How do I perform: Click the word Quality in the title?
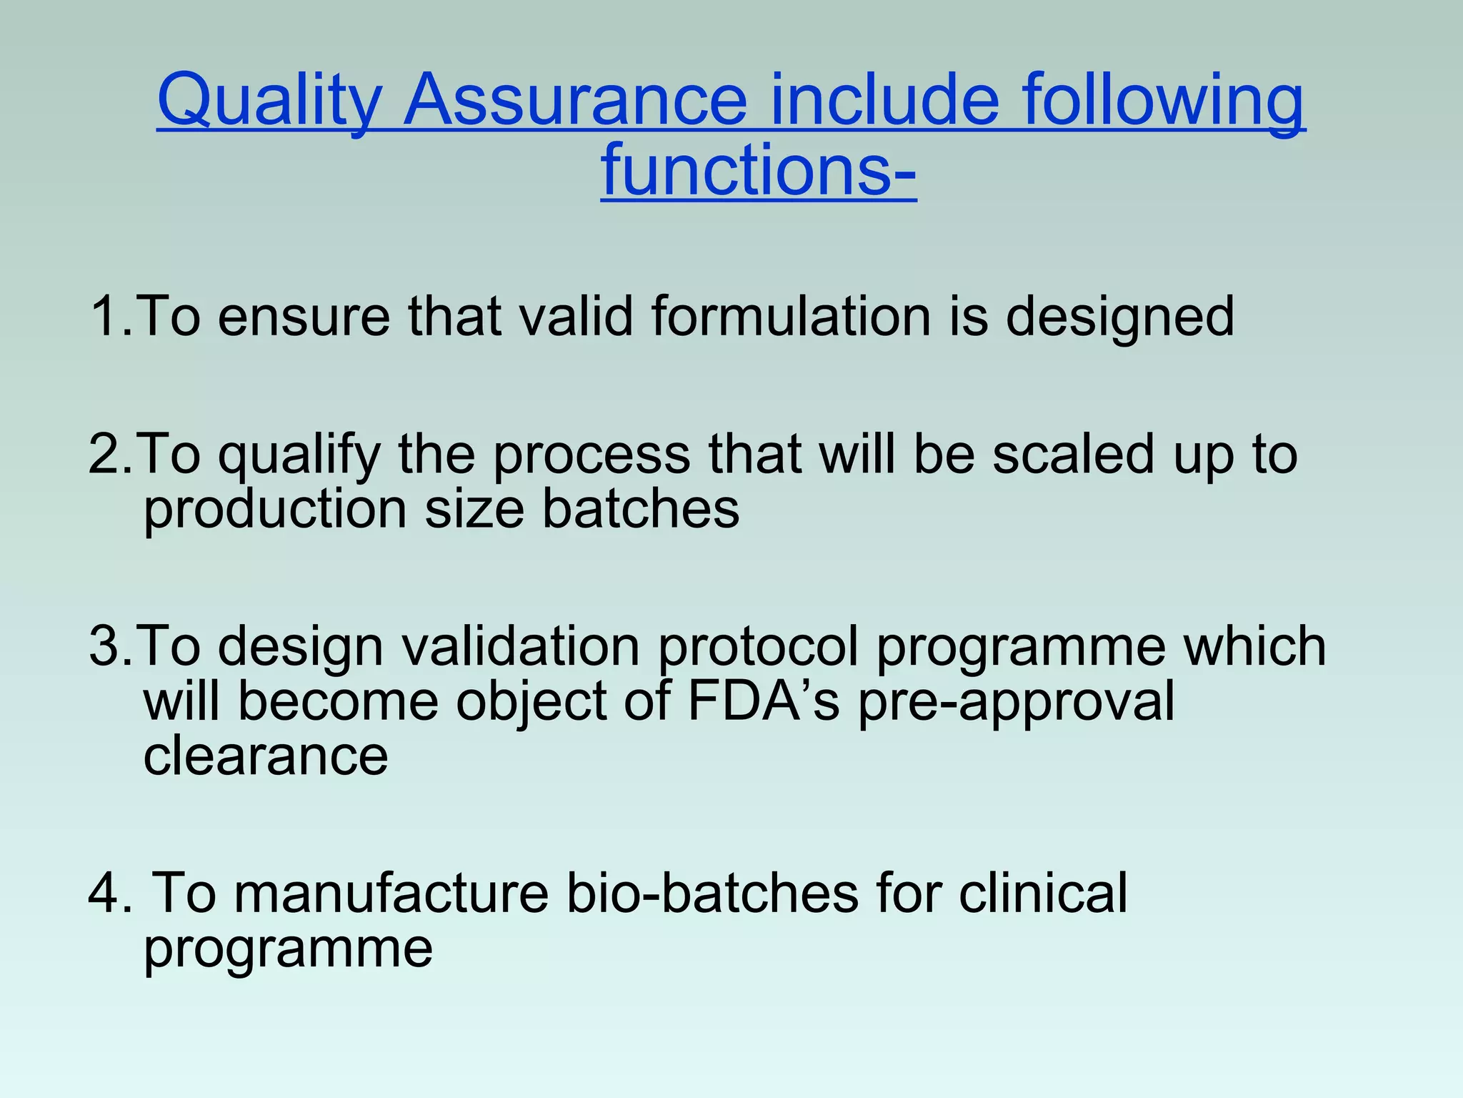click(269, 100)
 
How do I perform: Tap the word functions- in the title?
click(758, 170)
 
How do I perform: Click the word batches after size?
click(640, 509)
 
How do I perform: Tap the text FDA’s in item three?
click(763, 701)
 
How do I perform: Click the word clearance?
click(265, 756)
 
